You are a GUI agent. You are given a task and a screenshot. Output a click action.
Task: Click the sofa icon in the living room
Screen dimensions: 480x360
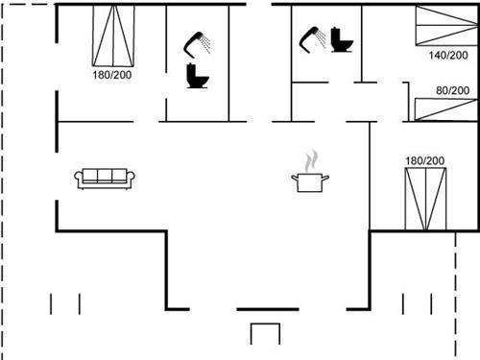tap(105, 178)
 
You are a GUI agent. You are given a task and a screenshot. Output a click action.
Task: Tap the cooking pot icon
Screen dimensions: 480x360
tap(308, 181)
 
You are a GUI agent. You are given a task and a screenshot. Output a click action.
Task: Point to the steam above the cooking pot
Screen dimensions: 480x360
tap(309, 160)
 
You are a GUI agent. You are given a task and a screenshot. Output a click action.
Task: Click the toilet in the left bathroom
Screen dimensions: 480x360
tap(198, 77)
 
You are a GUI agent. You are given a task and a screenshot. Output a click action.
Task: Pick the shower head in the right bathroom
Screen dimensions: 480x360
tap(311, 37)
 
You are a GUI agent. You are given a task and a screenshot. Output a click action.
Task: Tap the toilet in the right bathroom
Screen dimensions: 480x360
tap(341, 40)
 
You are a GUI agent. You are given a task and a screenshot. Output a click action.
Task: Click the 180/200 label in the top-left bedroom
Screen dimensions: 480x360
tap(113, 75)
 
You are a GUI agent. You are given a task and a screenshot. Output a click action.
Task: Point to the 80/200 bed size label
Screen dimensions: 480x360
tap(453, 90)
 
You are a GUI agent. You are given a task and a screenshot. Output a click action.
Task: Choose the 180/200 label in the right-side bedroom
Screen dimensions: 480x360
tap(425, 160)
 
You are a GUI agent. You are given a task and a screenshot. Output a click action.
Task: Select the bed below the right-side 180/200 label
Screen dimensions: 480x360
tap(425, 198)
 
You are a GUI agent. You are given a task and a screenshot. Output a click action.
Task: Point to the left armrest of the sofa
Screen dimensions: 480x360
tap(79, 177)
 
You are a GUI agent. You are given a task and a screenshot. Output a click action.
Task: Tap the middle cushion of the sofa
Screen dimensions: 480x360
tap(105, 177)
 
